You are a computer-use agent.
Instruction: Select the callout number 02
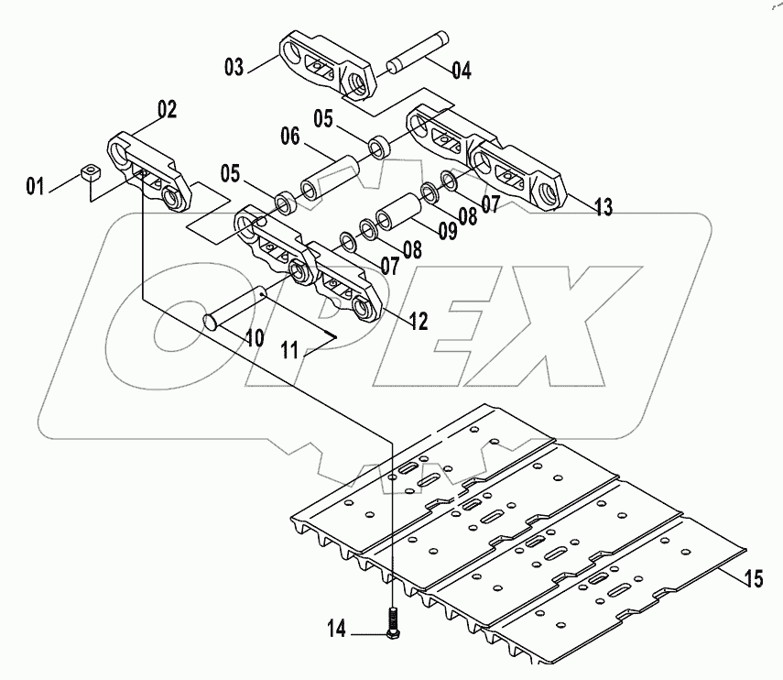tap(166, 110)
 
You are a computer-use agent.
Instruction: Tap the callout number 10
tap(254, 338)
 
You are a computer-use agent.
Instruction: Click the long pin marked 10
tap(236, 306)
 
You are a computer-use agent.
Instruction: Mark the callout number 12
tap(418, 321)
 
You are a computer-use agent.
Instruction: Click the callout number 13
tap(602, 208)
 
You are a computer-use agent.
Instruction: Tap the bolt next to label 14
tap(391, 623)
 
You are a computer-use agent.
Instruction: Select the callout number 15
tap(753, 578)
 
